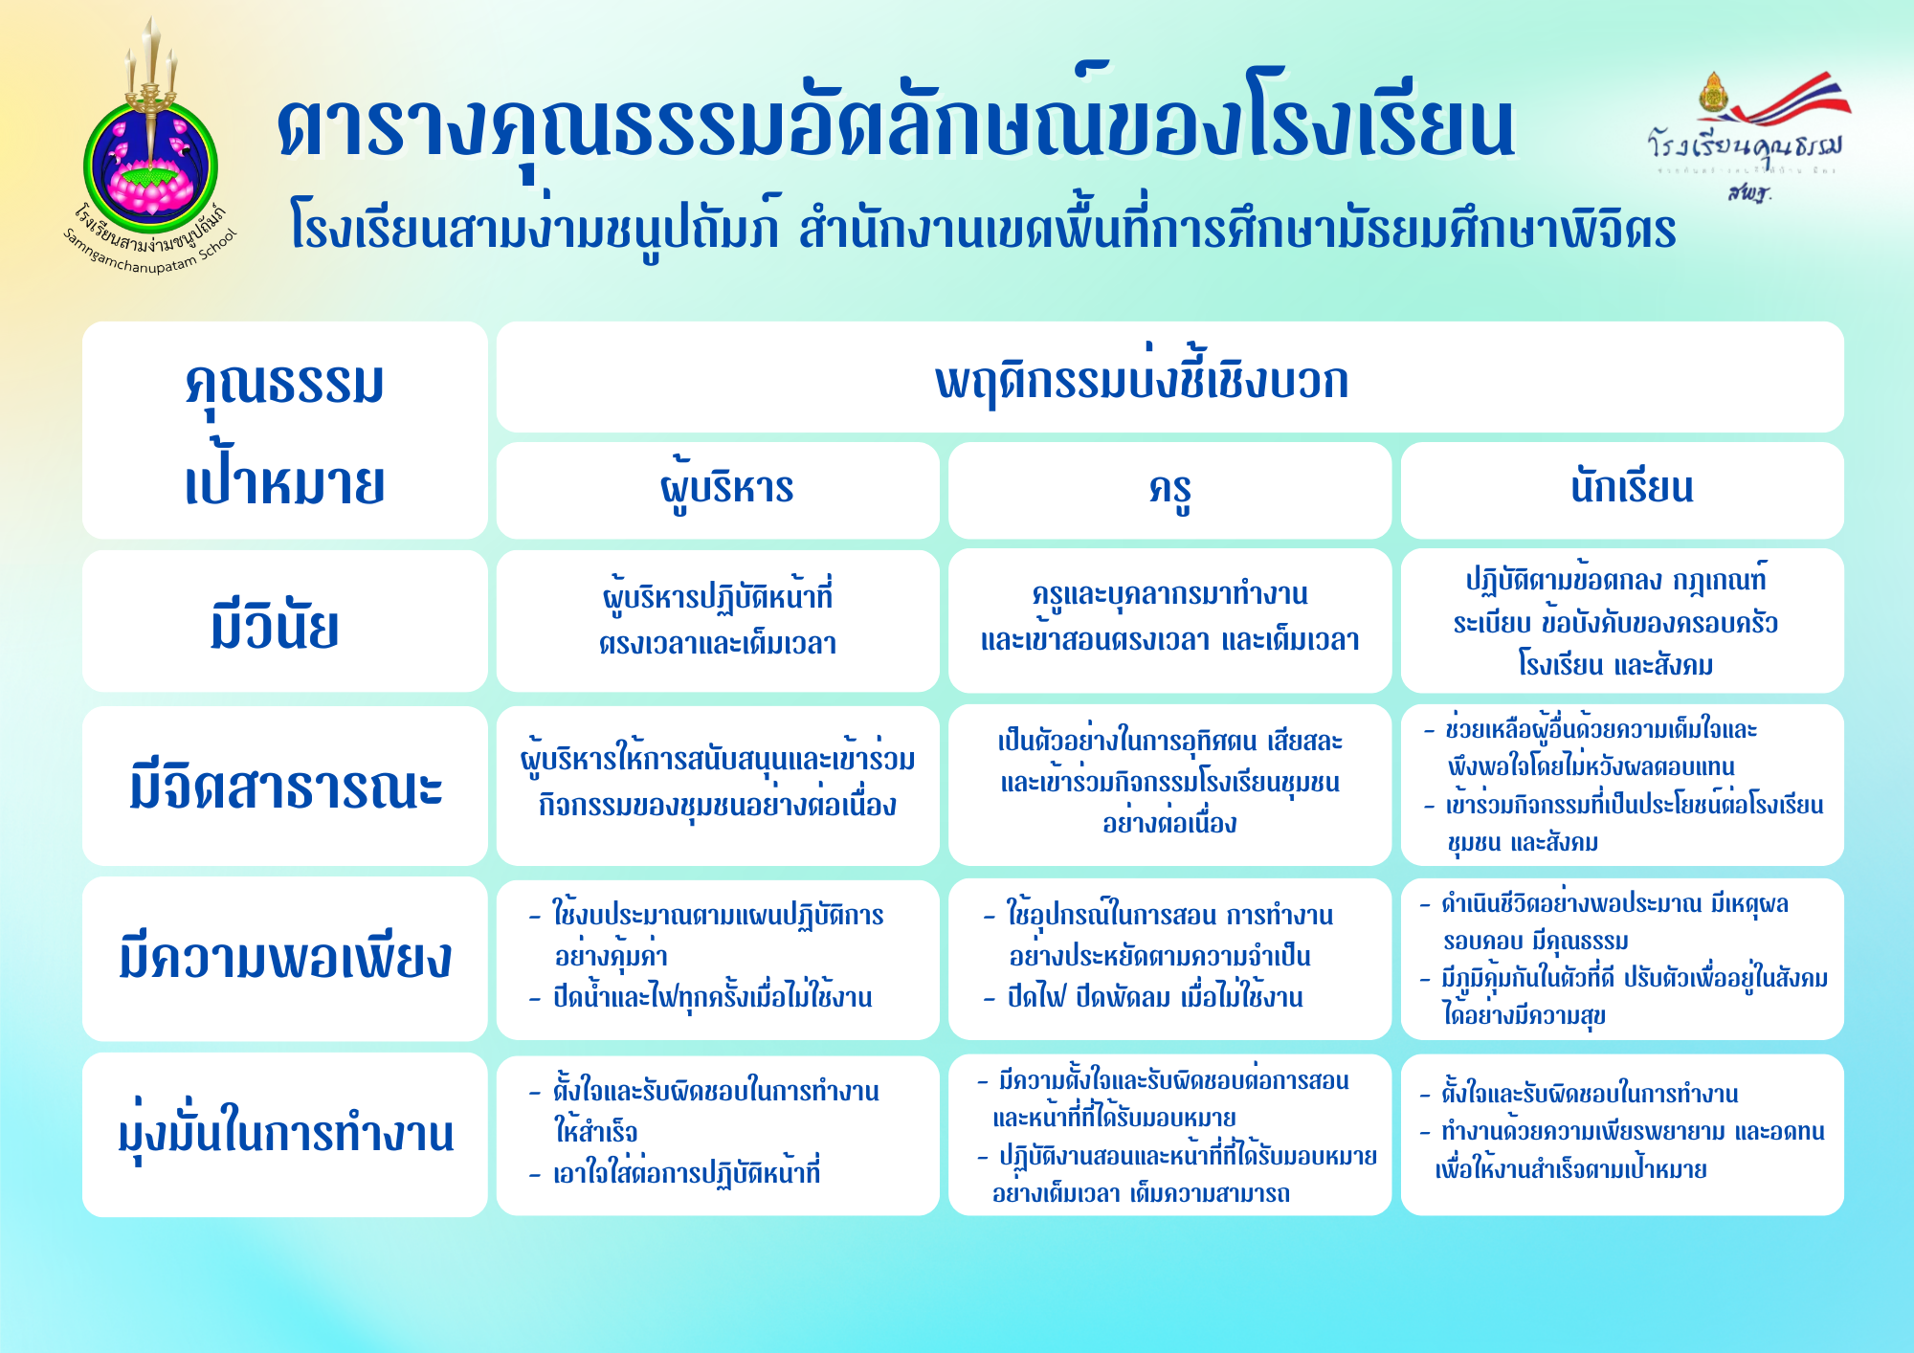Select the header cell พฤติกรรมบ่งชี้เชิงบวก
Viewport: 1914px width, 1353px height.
pyautogui.click(x=1169, y=377)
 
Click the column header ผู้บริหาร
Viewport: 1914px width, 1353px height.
pyautogui.click(x=718, y=490)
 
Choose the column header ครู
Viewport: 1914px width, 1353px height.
pyautogui.click(x=1169, y=490)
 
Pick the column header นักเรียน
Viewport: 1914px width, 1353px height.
pyautogui.click(x=1622, y=490)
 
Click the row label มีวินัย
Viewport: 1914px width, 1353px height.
pyautogui.click(x=284, y=621)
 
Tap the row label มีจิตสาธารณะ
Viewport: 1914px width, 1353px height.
pyautogui.click(x=284, y=786)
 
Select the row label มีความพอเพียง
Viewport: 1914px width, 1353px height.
pyautogui.click(x=284, y=959)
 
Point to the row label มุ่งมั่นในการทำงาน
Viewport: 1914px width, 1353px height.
pyautogui.click(x=284, y=1135)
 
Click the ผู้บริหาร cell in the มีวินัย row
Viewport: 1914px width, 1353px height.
pyautogui.click(x=718, y=621)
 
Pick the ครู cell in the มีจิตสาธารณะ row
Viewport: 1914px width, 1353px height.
pyautogui.click(x=1169, y=786)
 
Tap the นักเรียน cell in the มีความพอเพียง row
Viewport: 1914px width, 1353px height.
pyautogui.click(x=1622, y=959)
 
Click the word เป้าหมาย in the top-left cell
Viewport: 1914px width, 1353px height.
pyautogui.click(x=284, y=482)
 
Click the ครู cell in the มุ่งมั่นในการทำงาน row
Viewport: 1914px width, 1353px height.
pyautogui.click(x=1169, y=1135)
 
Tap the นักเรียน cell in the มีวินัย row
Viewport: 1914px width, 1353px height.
pyautogui.click(x=1622, y=621)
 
